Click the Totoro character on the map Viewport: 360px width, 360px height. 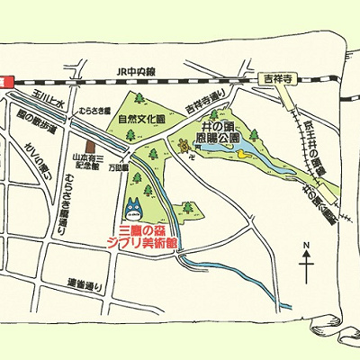134,208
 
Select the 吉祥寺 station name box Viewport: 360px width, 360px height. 274,77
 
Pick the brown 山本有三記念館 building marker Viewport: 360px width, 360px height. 88,144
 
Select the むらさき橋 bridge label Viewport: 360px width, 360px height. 94,112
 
